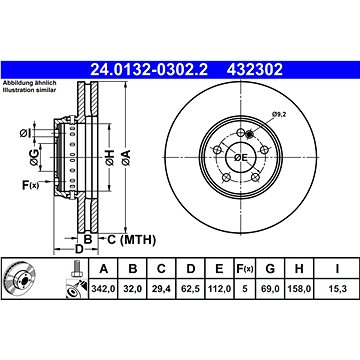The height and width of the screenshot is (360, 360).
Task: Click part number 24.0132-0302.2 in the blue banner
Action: coord(149,70)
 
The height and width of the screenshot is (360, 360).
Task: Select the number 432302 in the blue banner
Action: coord(255,70)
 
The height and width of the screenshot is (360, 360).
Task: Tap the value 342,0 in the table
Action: coord(103,288)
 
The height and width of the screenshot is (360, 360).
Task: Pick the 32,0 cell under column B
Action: coord(133,288)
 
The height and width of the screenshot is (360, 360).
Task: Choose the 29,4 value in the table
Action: coord(161,288)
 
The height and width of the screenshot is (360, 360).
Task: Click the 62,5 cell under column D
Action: coord(190,288)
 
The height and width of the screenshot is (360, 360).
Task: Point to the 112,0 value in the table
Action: coord(219,288)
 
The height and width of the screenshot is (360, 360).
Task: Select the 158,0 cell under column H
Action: coord(299,288)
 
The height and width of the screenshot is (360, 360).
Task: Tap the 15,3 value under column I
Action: coord(337,288)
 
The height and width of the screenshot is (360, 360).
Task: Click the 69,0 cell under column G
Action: coord(270,288)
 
